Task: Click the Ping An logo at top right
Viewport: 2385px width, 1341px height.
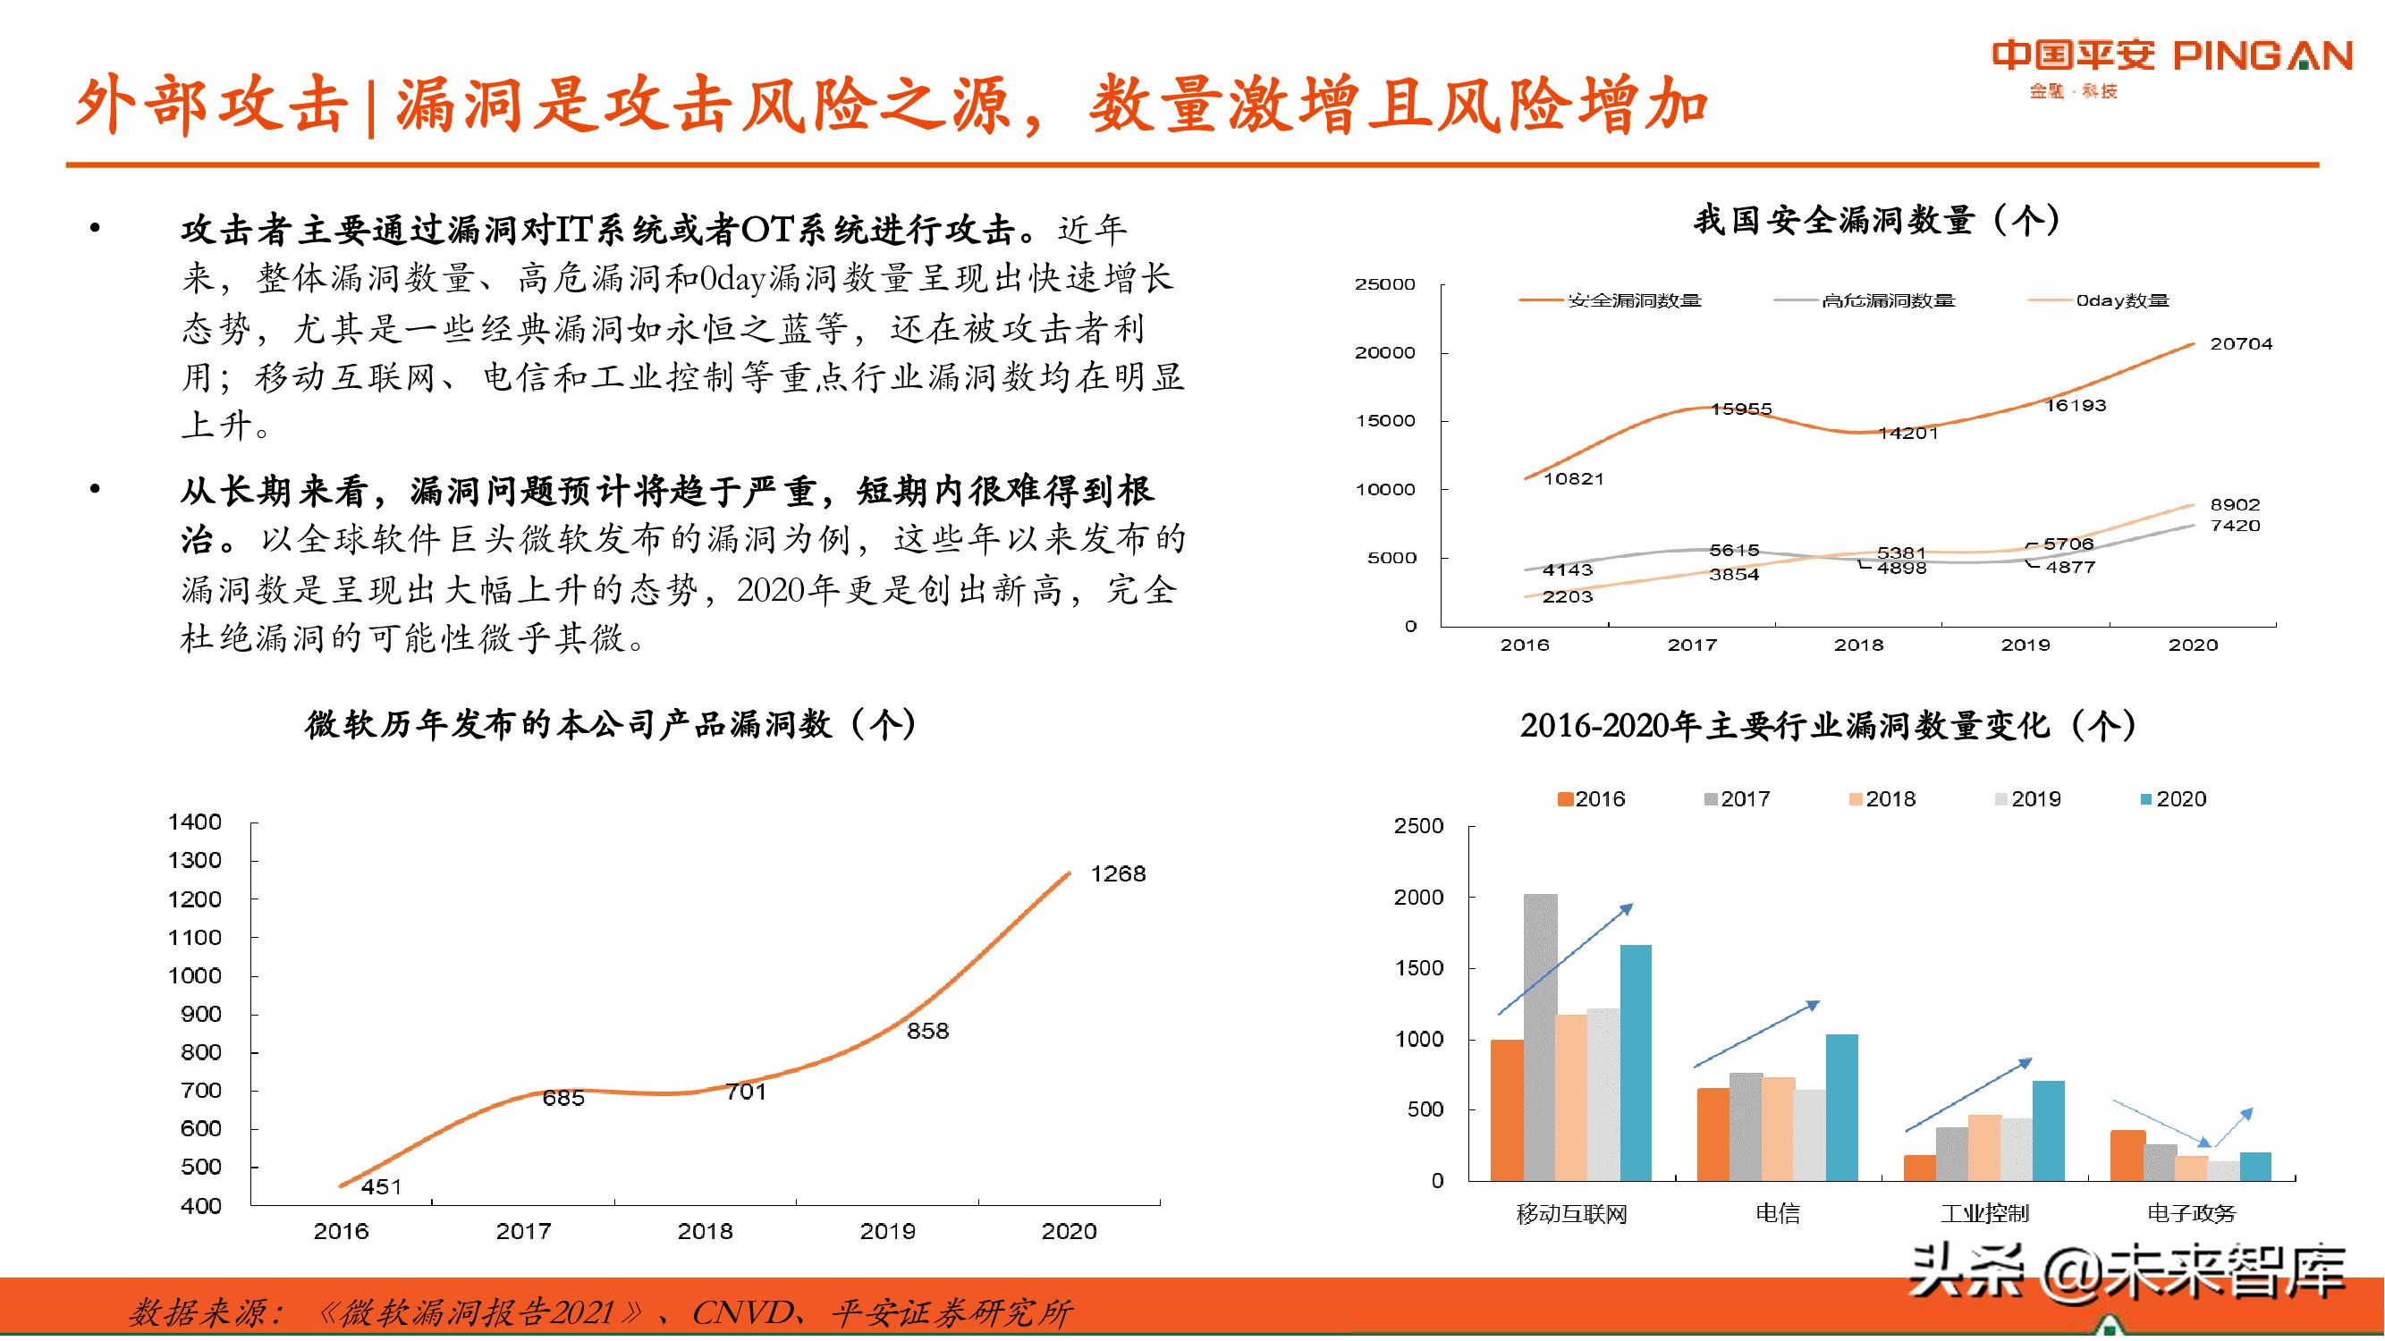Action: [2171, 64]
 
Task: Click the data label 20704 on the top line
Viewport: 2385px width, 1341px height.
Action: [2239, 343]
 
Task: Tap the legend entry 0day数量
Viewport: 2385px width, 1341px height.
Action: [2121, 300]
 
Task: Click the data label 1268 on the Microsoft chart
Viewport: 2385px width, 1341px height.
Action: [1118, 873]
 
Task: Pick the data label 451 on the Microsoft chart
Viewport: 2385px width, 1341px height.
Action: [382, 1186]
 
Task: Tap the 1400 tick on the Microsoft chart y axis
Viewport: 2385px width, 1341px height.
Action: [194, 822]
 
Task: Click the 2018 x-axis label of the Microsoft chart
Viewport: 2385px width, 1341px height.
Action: [705, 1232]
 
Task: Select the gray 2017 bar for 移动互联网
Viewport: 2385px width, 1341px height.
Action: [1541, 1036]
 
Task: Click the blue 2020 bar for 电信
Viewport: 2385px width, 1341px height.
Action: [1841, 1107]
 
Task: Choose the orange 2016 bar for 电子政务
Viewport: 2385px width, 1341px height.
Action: [2127, 1155]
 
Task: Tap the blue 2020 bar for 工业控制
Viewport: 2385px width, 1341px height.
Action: [2048, 1130]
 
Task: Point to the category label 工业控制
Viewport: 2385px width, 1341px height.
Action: [1984, 1213]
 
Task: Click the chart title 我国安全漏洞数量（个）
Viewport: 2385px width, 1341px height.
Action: [1877, 220]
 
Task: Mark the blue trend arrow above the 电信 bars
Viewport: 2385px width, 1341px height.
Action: [1756, 1033]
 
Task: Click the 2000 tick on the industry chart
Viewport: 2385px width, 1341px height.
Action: [1417, 897]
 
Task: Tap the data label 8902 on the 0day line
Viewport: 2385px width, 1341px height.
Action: [2234, 504]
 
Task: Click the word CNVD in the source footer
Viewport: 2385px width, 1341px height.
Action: [741, 1312]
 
